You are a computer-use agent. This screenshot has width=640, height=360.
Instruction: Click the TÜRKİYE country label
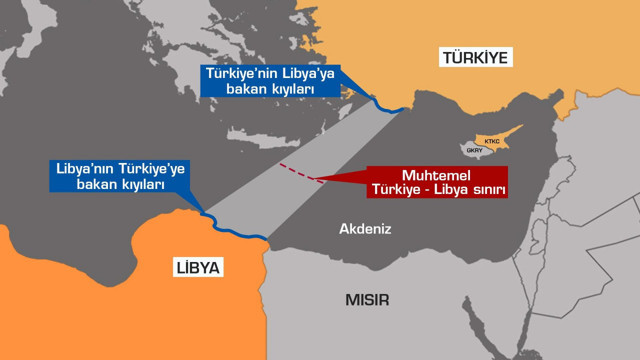coord(476,58)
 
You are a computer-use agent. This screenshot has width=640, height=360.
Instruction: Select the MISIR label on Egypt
coord(367,300)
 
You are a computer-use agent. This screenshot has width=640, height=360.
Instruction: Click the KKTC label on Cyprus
coord(492,142)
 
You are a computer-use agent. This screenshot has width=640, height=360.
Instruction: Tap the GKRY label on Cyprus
coord(474,153)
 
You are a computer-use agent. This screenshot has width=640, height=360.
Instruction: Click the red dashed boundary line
coord(296,172)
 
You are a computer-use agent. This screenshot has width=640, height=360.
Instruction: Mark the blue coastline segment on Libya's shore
coord(235,229)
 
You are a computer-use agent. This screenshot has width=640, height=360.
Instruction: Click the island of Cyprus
coord(484,148)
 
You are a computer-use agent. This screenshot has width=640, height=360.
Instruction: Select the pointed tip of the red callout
coord(312,179)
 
